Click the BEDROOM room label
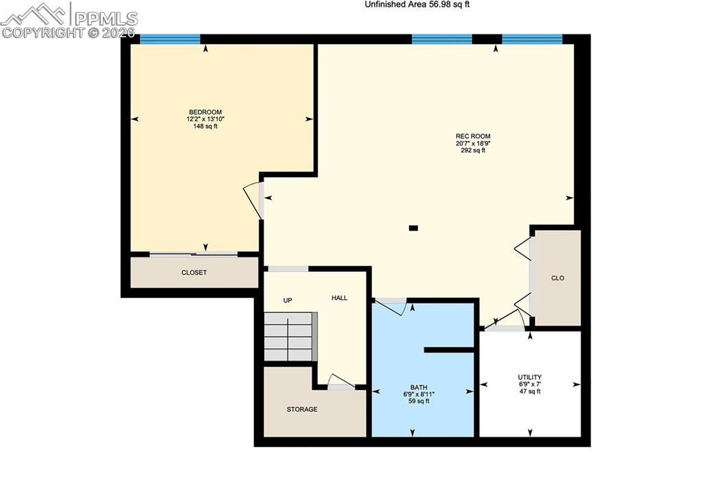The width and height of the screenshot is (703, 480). pyautogui.click(x=205, y=112)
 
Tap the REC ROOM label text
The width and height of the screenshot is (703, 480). pyautogui.click(x=473, y=137)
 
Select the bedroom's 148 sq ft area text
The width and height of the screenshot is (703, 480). pyautogui.click(x=205, y=126)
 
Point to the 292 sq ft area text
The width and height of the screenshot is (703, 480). pyautogui.click(x=473, y=150)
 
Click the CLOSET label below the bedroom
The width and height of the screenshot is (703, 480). pyautogui.click(x=194, y=273)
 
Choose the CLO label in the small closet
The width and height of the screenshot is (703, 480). pyautogui.click(x=557, y=278)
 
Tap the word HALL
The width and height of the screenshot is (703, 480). pyautogui.click(x=339, y=298)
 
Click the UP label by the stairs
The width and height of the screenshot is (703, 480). pyautogui.click(x=288, y=301)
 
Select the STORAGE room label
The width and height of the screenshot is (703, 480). pyautogui.click(x=302, y=409)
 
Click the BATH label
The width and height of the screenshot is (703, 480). pyautogui.click(x=419, y=387)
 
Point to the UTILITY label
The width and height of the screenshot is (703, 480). pyautogui.click(x=530, y=377)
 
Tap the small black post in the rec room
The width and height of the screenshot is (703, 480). pyautogui.click(x=413, y=228)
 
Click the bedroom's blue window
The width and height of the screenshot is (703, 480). pyautogui.click(x=170, y=39)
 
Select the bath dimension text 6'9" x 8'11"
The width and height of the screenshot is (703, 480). pyautogui.click(x=419, y=394)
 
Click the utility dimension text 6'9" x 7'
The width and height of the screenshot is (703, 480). pyautogui.click(x=530, y=385)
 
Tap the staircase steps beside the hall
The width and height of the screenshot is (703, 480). pyautogui.click(x=288, y=336)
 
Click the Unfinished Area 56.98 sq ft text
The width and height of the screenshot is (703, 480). pyautogui.click(x=417, y=5)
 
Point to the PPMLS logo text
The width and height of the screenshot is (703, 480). pyautogui.click(x=106, y=19)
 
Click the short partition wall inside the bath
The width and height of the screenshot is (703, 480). pyautogui.click(x=449, y=350)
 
